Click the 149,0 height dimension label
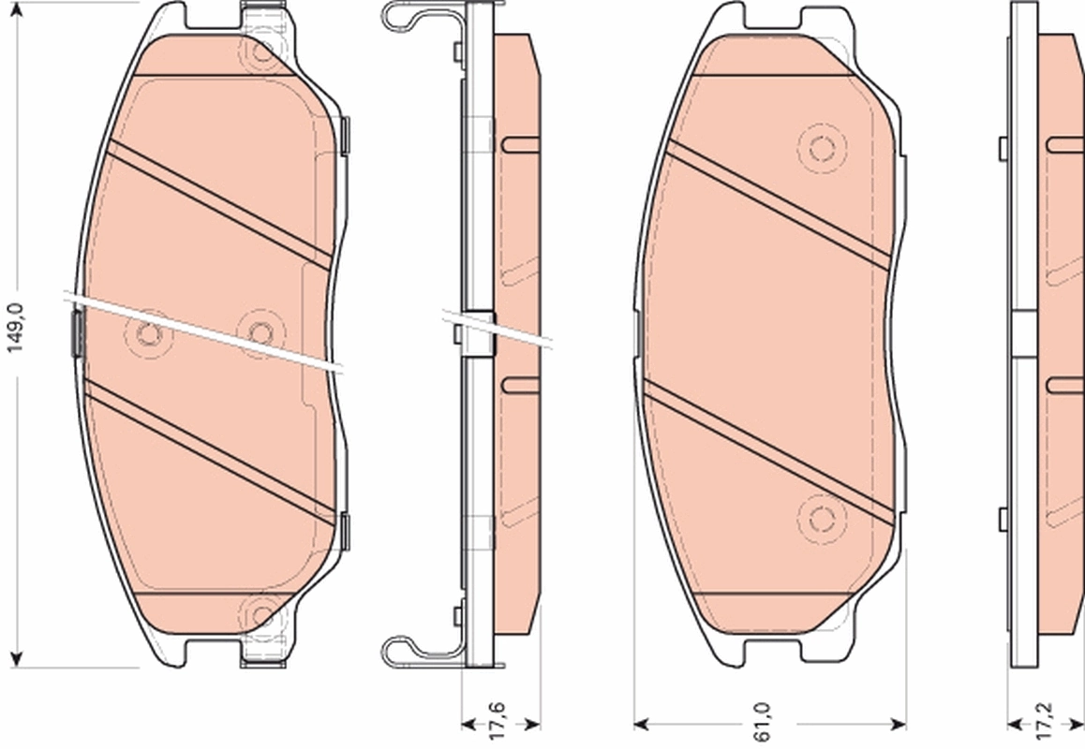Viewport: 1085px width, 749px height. pyautogui.click(x=13, y=328)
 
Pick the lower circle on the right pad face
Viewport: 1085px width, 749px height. pyautogui.click(x=822, y=518)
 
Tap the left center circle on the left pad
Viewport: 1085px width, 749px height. pyautogui.click(x=148, y=334)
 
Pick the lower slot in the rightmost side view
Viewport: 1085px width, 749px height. pyautogui.click(x=1064, y=384)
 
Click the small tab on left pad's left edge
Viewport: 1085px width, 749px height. pyautogui.click(x=78, y=333)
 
